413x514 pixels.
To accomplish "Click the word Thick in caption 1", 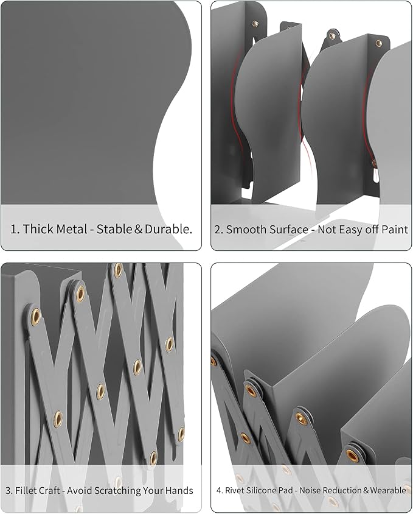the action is click(38, 229).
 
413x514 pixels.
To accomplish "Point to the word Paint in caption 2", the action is click(395, 230).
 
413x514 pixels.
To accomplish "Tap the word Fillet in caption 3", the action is click(24, 490).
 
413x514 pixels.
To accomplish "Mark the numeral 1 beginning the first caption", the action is click(13, 229).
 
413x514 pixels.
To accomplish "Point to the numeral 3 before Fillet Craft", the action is click(8, 491).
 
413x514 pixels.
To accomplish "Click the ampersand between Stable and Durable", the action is click(139, 229).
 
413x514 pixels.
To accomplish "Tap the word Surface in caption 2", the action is click(287, 230).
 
